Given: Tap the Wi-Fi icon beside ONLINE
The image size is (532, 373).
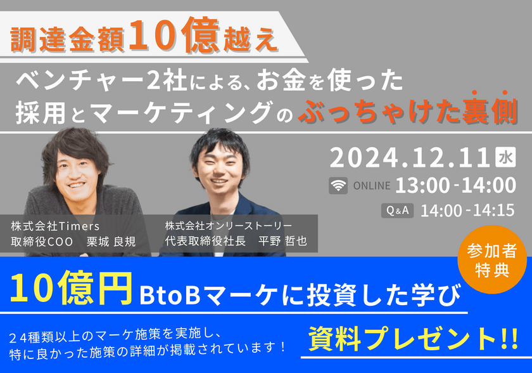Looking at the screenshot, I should pyautogui.click(x=338, y=186).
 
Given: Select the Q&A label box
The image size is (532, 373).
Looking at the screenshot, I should pyautogui.click(x=398, y=210).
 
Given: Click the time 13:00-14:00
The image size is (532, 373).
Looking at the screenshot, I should pyautogui.click(x=455, y=185).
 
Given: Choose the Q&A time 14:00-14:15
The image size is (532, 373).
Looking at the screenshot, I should pyautogui.click(x=467, y=210).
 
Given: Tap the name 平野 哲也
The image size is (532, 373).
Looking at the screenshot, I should pyautogui.click(x=282, y=242).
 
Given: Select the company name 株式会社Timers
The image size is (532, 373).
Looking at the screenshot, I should pyautogui.click(x=56, y=226).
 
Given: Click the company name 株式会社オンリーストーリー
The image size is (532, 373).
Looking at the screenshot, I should pyautogui.click(x=229, y=226).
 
